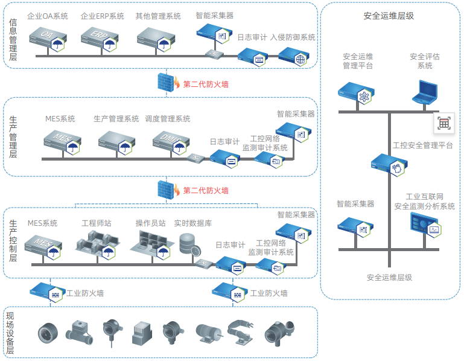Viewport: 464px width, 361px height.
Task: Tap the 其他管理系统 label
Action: coord(159,16)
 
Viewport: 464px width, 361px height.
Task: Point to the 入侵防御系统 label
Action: coord(293,37)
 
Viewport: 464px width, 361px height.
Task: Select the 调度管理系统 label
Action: coord(168,118)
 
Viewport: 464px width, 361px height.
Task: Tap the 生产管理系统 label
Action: coord(116,118)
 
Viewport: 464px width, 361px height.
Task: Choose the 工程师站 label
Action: coord(97,223)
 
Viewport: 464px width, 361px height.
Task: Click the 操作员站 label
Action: coord(151,223)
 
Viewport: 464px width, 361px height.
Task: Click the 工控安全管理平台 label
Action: coord(422,145)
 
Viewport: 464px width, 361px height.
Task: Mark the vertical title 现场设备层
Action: coord(10,333)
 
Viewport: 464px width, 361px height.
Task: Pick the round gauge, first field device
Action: coord(47,333)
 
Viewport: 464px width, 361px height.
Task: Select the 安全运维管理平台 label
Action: coord(358,61)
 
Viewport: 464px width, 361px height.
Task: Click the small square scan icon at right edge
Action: coord(443,123)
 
